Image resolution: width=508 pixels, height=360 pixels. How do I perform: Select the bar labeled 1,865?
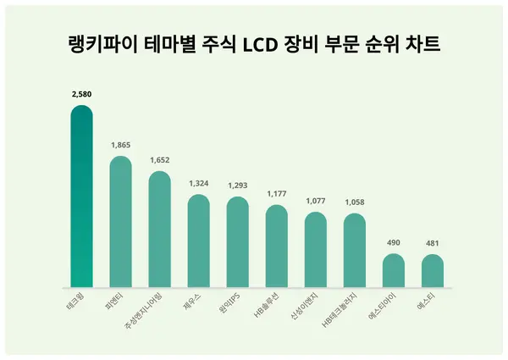[120, 222]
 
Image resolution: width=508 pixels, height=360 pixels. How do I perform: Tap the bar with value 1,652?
[159, 230]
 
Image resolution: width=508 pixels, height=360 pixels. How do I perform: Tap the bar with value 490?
[394, 271]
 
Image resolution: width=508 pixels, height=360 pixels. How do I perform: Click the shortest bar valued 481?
[433, 271]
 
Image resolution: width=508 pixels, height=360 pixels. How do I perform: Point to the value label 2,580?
[81, 95]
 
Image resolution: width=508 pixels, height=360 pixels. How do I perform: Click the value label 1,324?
[198, 184]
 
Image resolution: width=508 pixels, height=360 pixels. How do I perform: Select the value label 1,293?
[238, 186]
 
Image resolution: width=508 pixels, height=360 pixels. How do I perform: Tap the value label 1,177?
[277, 193]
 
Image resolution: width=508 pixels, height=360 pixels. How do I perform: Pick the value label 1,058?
[355, 202]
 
